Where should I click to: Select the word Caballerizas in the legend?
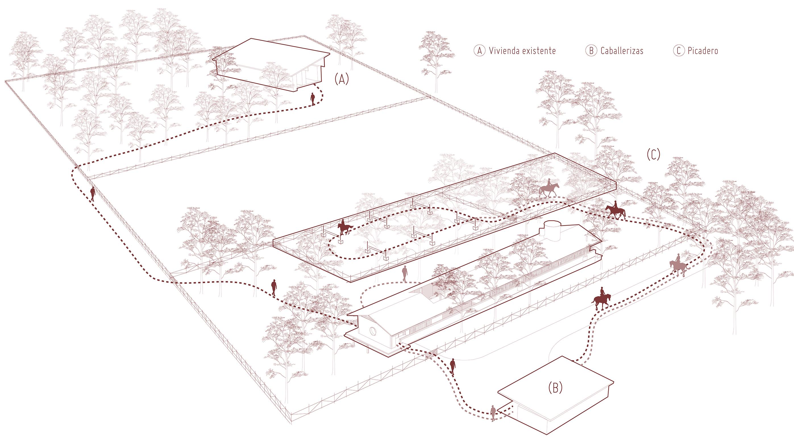(x=622, y=51)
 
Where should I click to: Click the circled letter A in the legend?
(x=479, y=51)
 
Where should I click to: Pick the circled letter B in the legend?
(x=591, y=51)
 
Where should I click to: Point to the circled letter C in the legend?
(x=678, y=51)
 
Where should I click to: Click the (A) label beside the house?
(x=342, y=80)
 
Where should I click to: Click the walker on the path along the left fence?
(x=92, y=194)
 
